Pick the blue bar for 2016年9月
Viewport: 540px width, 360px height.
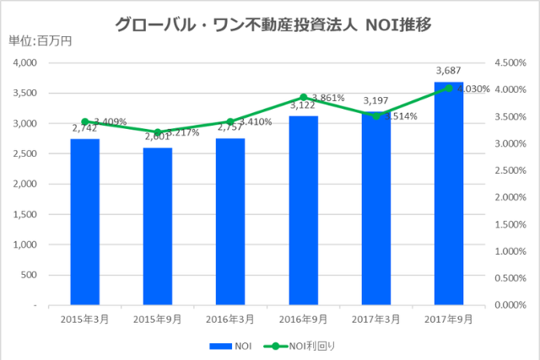303,210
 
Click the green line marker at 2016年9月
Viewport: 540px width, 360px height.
303,98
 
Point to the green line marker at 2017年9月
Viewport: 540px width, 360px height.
449,89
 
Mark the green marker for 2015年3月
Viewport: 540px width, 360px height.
84,121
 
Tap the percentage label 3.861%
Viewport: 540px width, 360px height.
328,98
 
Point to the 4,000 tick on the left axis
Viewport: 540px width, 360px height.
24,63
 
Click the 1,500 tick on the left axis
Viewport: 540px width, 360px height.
24,214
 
